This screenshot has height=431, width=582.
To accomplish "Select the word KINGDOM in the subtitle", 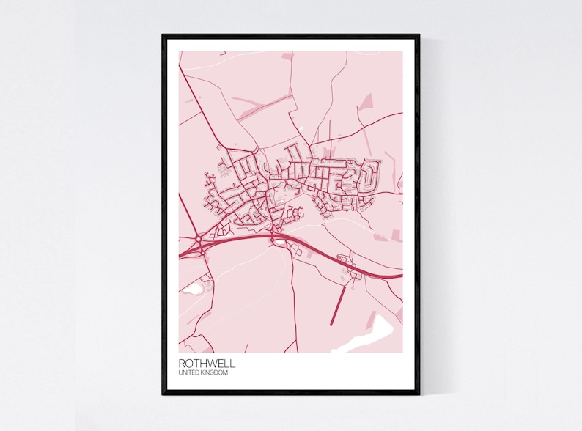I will (215, 373).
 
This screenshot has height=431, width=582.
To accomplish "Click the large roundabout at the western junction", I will (198, 239).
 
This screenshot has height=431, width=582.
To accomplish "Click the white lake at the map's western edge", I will (192, 290).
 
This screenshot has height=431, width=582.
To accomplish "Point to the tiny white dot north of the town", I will (301, 130).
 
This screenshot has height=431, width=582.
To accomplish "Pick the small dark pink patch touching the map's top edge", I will (288, 55).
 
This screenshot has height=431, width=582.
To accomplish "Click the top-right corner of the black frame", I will (419, 35).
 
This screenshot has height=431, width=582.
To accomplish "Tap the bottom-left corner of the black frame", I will (163, 394).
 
